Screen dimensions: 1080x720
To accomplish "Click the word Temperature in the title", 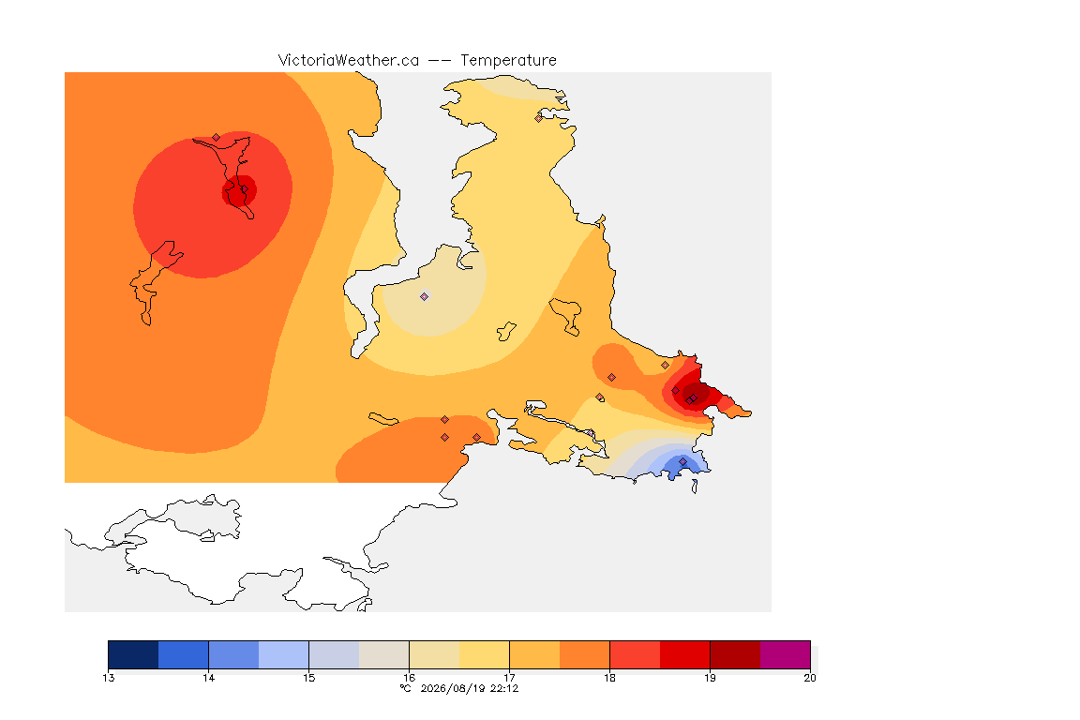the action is click(x=508, y=61).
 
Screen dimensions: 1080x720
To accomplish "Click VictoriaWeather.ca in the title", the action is click(x=349, y=61).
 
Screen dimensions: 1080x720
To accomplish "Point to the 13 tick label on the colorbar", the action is click(x=109, y=678).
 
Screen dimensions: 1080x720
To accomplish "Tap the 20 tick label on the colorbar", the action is click(x=810, y=678).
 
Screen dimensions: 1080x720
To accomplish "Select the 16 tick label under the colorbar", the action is click(x=409, y=678).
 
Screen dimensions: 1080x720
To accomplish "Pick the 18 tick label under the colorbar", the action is click(x=609, y=678).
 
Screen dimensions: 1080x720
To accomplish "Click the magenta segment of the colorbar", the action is click(x=786, y=654).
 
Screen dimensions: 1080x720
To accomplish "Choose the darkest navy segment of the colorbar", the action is click(x=134, y=654).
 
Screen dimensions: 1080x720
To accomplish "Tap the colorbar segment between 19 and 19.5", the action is click(x=735, y=654).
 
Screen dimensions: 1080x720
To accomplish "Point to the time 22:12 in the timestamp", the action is click(x=504, y=688).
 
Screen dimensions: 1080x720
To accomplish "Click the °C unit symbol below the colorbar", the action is click(x=406, y=688).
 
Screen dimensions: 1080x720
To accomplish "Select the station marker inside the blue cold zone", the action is click(x=682, y=461).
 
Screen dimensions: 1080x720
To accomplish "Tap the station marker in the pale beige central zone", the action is click(x=425, y=297).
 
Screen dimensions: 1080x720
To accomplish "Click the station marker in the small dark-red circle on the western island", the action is click(x=244, y=189).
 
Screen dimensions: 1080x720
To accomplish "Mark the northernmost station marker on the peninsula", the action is click(x=539, y=118).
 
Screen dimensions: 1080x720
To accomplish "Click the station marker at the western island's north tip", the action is click(x=217, y=138).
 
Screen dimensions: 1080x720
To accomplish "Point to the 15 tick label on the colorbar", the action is click(x=309, y=678).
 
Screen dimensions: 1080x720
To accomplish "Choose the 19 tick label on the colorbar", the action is click(x=710, y=678).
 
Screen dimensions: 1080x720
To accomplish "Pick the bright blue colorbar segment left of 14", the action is click(x=183, y=654).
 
